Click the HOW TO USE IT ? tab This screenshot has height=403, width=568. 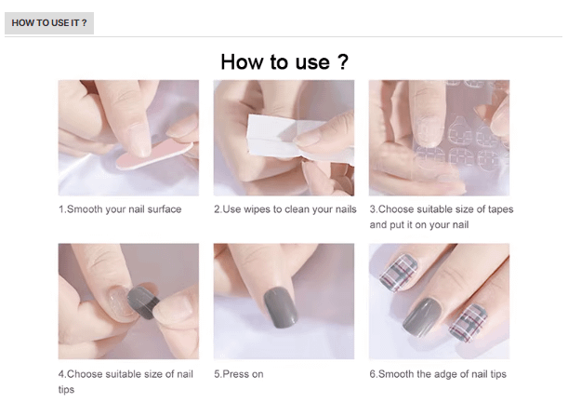tap(49, 23)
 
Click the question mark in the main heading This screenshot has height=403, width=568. tap(343, 62)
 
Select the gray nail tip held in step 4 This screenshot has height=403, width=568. tap(144, 302)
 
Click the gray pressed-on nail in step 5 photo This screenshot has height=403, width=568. tap(281, 307)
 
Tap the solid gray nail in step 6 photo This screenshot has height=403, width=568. tap(422, 317)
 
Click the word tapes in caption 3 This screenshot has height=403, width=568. tap(501, 209)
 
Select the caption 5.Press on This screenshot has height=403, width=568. tap(239, 374)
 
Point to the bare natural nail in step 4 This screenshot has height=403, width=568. tap(120, 300)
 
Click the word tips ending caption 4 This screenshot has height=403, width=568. tap(66, 390)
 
